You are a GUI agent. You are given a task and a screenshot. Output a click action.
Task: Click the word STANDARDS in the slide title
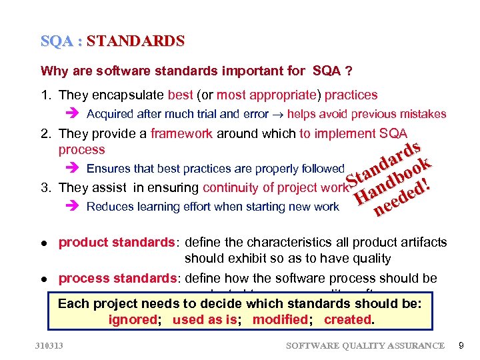(x=135, y=41)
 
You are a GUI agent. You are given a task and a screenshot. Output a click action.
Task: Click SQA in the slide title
(x=56, y=41)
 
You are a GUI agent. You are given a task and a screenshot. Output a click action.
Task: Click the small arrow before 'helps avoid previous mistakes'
(x=278, y=114)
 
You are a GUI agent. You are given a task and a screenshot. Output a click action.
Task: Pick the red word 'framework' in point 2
(x=181, y=133)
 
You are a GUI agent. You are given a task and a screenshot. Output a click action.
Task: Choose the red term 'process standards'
(x=119, y=278)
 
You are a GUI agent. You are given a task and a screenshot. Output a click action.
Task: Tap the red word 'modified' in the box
(x=280, y=319)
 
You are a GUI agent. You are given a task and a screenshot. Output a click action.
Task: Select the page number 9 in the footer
(x=462, y=345)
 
